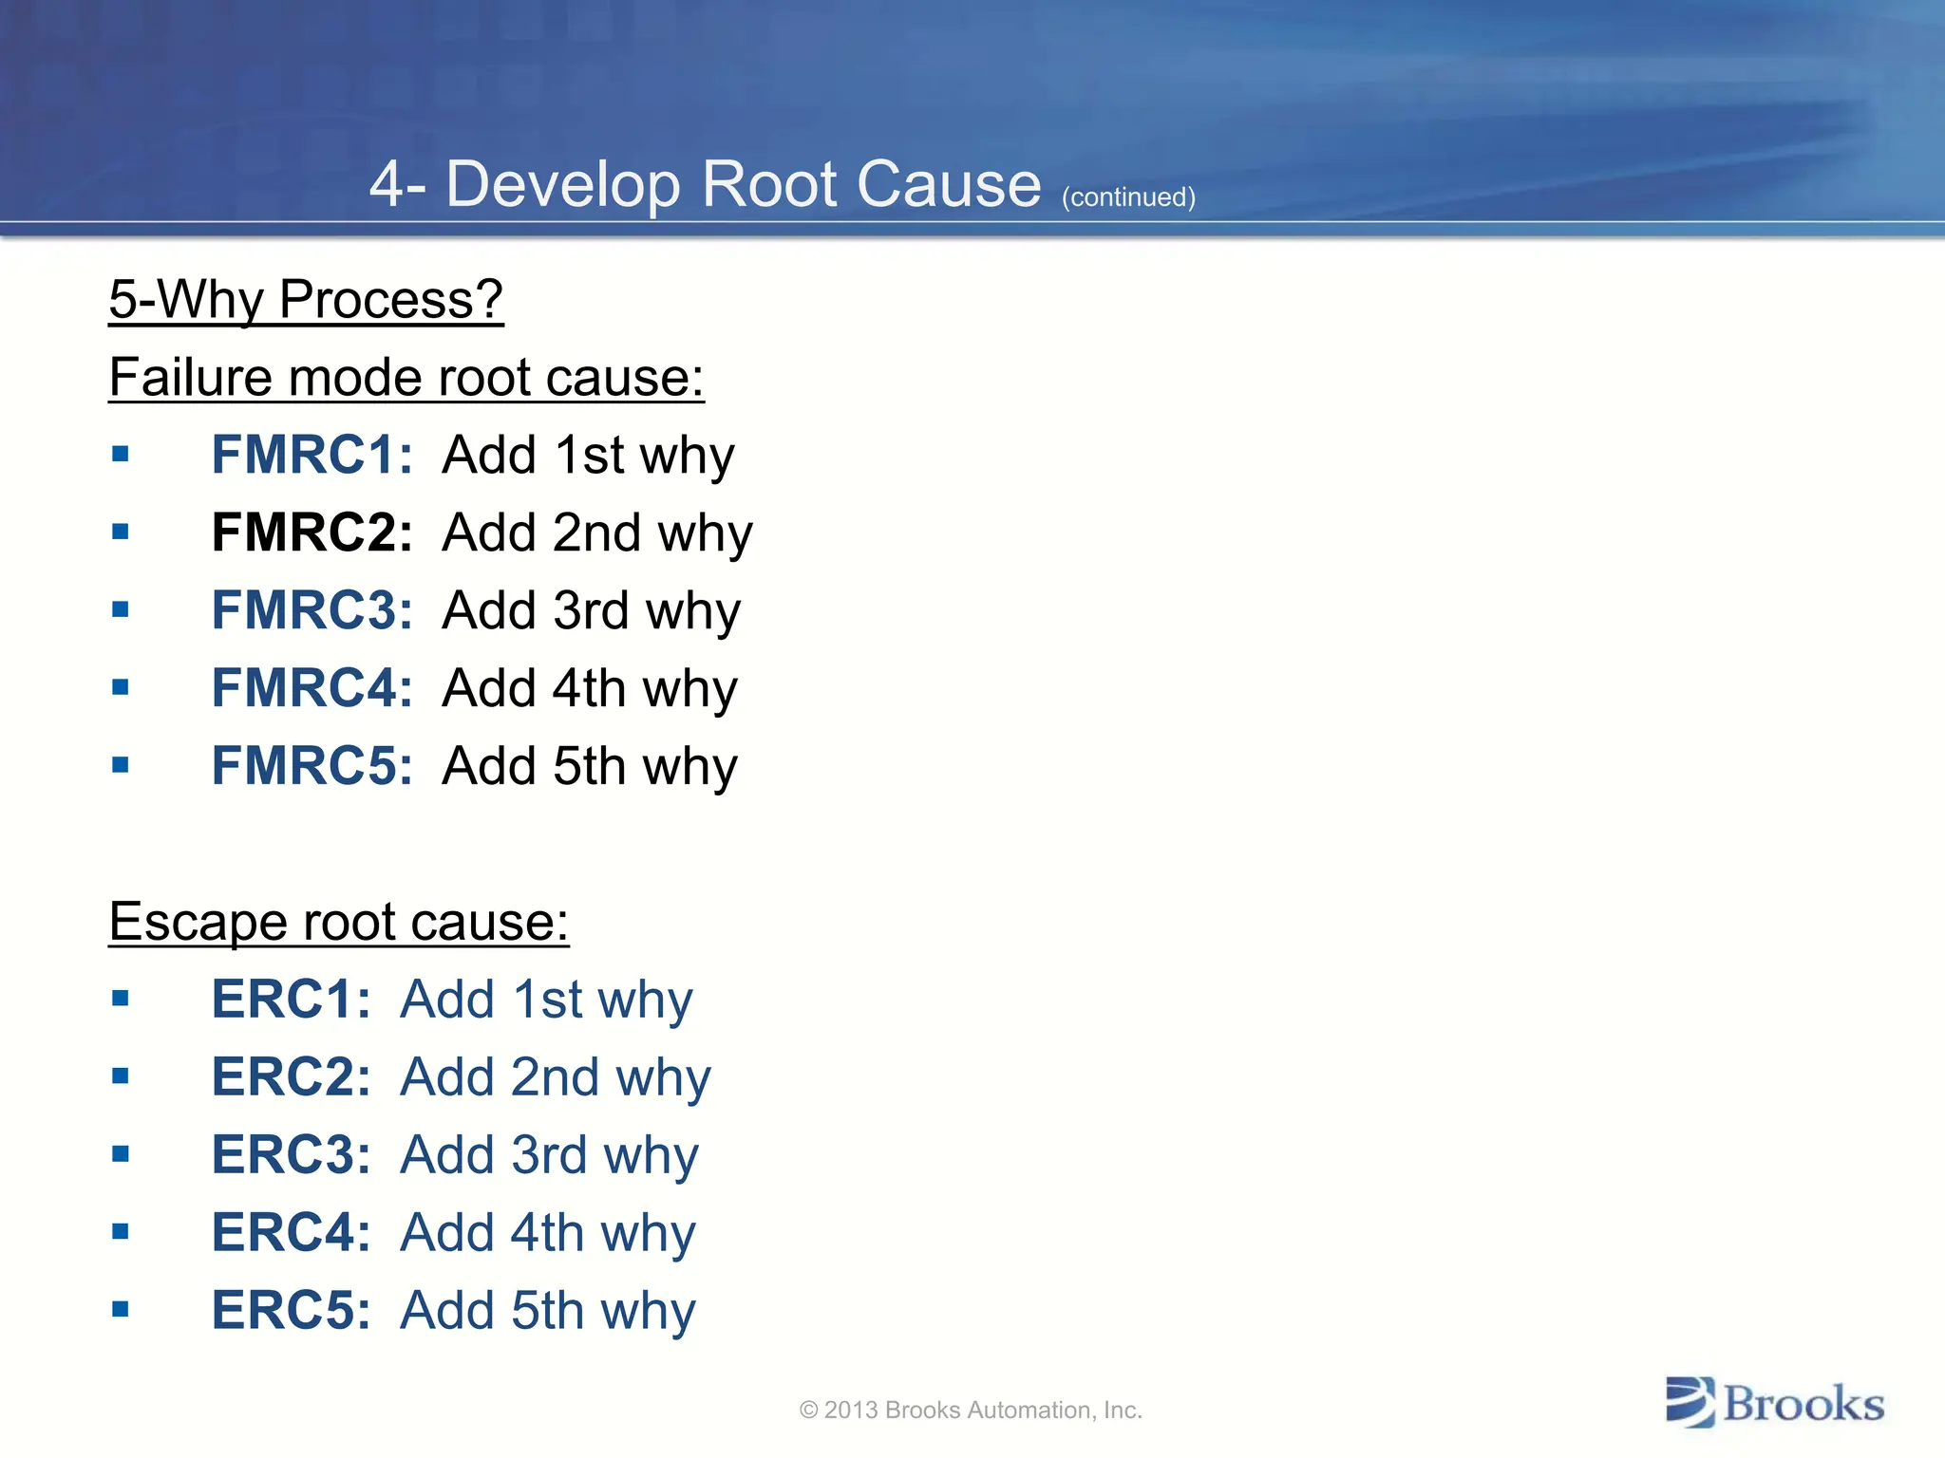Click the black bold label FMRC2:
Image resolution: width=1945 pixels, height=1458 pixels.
point(312,532)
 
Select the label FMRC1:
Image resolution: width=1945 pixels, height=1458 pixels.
point(312,454)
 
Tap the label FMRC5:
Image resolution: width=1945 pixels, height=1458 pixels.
point(312,765)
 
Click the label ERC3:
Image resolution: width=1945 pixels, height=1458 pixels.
point(291,1154)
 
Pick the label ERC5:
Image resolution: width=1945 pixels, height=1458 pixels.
point(291,1310)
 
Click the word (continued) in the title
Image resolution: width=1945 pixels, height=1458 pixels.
point(1128,197)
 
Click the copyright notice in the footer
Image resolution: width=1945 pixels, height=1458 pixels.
point(971,1410)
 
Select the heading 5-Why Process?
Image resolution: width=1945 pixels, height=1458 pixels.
point(306,300)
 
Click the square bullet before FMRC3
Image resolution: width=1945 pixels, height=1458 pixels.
point(120,609)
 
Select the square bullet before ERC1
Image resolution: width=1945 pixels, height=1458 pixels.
point(120,999)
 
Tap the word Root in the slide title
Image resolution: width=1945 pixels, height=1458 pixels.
point(770,184)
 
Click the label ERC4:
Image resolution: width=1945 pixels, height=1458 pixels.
point(291,1232)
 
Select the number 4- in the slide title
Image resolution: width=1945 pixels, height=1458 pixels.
point(397,184)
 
